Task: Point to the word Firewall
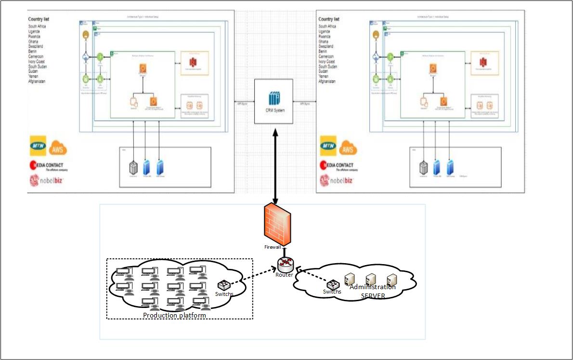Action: point(273,247)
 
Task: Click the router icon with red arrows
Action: point(285,263)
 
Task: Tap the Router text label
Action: point(284,275)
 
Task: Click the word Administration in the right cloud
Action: point(372,287)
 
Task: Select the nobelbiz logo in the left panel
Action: point(47,181)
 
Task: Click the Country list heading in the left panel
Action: point(39,19)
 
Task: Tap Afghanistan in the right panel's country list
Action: point(329,81)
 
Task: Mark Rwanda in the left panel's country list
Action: point(34,37)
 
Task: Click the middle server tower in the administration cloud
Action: point(370,280)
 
